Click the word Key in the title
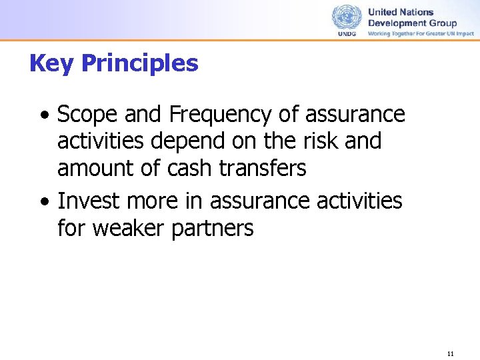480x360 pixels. point(52,64)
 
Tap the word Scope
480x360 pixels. point(83,115)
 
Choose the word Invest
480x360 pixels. point(87,200)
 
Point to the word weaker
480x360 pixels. point(129,228)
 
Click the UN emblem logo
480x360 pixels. point(346,17)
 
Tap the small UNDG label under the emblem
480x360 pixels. point(346,33)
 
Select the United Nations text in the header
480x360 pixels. point(401,12)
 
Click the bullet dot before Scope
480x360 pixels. point(43,116)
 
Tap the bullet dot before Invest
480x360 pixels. point(43,201)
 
